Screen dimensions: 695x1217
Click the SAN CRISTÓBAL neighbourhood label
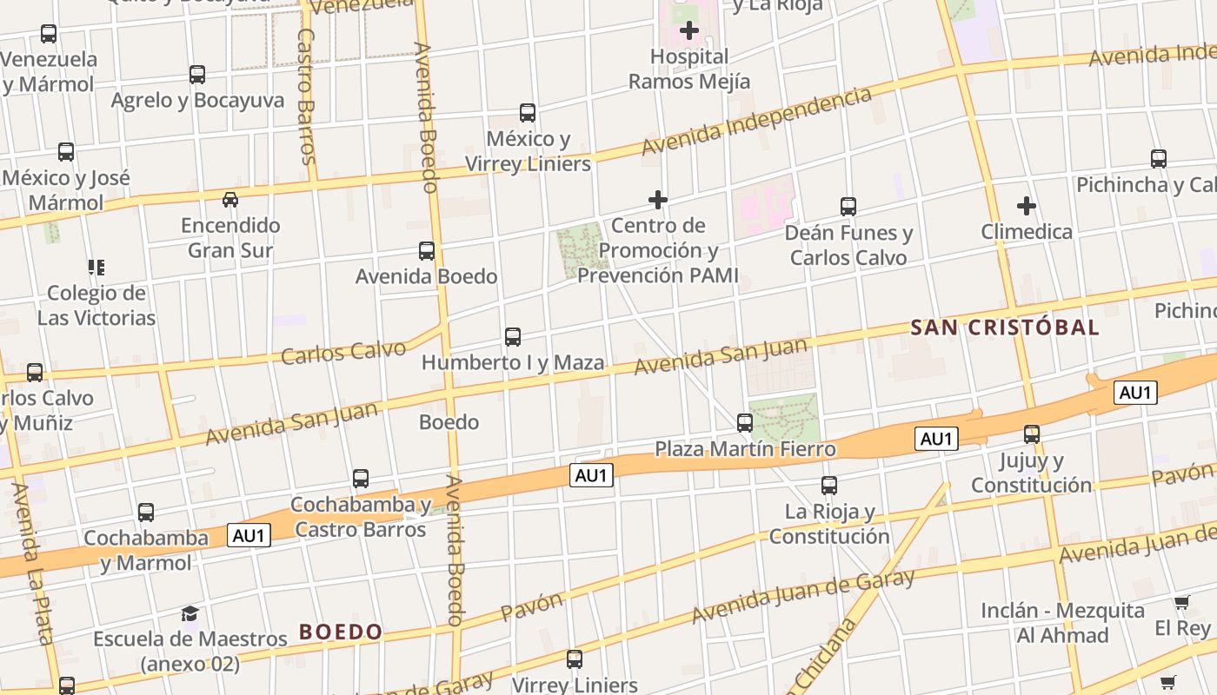point(1005,328)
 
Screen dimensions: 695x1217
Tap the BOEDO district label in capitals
point(341,632)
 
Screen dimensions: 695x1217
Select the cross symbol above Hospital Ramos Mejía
point(689,31)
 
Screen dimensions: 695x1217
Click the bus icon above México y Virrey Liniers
point(528,113)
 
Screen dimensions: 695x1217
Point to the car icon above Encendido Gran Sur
point(230,200)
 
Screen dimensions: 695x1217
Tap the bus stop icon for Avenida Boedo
point(427,251)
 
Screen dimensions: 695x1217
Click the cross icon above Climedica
point(1027,206)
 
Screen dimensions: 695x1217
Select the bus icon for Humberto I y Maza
point(513,337)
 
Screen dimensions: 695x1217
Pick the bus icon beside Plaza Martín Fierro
point(745,423)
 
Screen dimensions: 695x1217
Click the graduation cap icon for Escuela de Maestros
point(190,614)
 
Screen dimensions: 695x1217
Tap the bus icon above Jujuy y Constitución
point(1032,434)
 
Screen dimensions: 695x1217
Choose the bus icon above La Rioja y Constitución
point(829,486)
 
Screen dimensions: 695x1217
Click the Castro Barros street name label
point(306,96)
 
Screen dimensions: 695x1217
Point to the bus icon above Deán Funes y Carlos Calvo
point(848,207)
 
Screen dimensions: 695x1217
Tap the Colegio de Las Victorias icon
point(96,267)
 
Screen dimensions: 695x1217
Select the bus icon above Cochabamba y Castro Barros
point(361,479)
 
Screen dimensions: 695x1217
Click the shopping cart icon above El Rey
point(1181,602)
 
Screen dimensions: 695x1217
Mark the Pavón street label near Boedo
point(532,606)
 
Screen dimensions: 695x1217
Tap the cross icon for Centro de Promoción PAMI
point(658,201)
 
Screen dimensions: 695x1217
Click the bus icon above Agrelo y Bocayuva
point(197,75)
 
